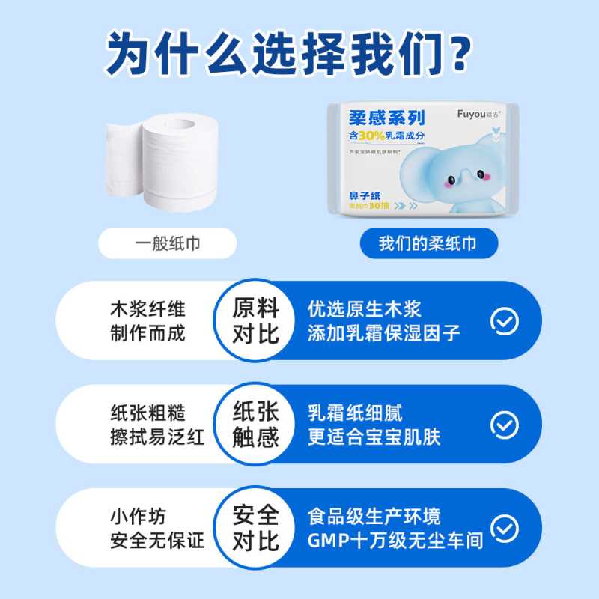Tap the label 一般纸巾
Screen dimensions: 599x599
tap(168, 243)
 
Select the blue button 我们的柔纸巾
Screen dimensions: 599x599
tap(428, 243)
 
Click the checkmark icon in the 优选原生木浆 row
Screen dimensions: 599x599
tap(504, 320)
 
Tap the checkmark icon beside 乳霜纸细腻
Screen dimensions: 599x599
tap(504, 424)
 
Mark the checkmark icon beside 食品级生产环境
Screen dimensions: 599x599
tap(504, 527)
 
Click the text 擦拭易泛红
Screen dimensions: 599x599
tap(156, 437)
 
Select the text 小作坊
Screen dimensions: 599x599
tap(138, 516)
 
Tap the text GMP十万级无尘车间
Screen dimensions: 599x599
tap(395, 540)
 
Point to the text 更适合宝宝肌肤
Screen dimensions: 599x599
tap(374, 437)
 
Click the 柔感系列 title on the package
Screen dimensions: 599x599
tap(387, 117)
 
